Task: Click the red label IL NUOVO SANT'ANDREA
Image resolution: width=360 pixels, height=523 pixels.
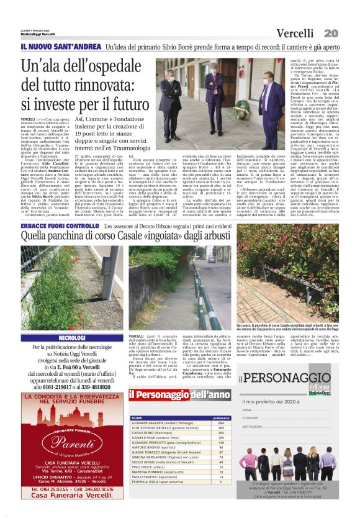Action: click(x=60, y=47)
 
